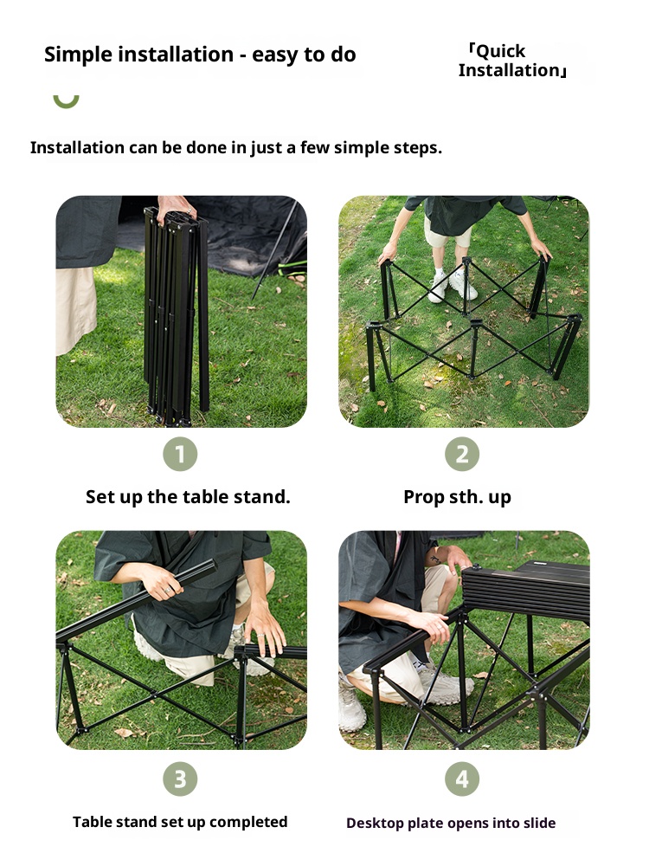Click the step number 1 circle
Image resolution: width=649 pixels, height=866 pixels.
(180, 454)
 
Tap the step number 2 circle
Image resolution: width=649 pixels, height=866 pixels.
(462, 454)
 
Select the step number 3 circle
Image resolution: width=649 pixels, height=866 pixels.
(180, 779)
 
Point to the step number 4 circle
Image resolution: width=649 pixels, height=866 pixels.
(462, 779)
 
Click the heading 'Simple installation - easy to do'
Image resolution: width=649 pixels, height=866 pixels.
(200, 55)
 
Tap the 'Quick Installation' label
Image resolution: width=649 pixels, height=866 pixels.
(512, 61)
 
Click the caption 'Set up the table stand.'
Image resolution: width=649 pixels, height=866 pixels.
(188, 496)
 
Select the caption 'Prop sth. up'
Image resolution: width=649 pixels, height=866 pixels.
(457, 497)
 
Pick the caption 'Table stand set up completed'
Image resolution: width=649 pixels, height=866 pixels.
(180, 822)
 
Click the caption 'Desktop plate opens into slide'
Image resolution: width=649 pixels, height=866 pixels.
(451, 823)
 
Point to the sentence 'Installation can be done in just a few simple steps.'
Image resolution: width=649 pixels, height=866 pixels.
(236, 147)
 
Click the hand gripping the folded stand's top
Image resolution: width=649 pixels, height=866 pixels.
(176, 209)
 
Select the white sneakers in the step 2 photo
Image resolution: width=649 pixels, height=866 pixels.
(456, 286)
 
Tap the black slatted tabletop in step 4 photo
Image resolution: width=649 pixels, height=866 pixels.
(526, 589)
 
